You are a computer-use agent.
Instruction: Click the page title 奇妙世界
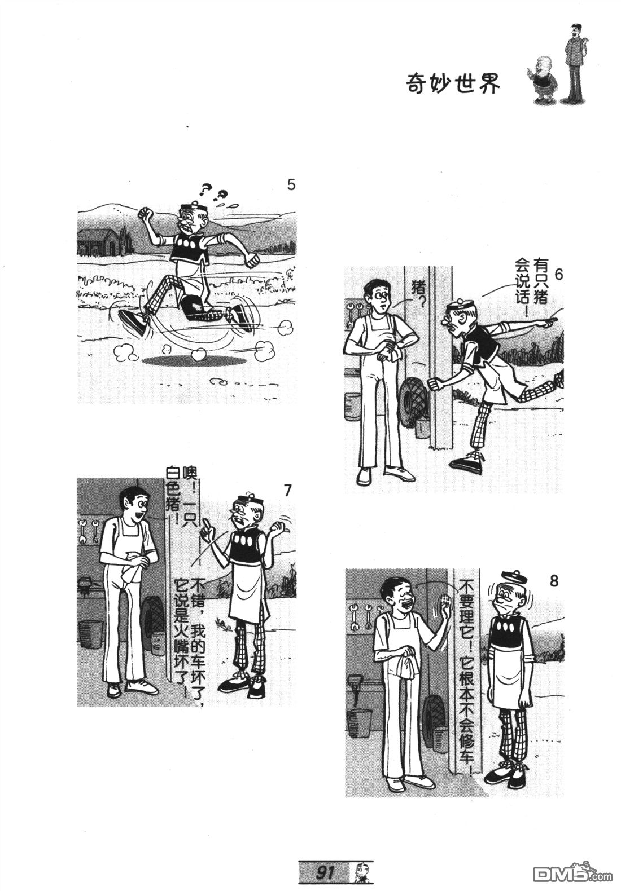tap(453, 84)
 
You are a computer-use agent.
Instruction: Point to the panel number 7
tap(288, 491)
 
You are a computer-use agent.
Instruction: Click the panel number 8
tap(554, 581)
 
